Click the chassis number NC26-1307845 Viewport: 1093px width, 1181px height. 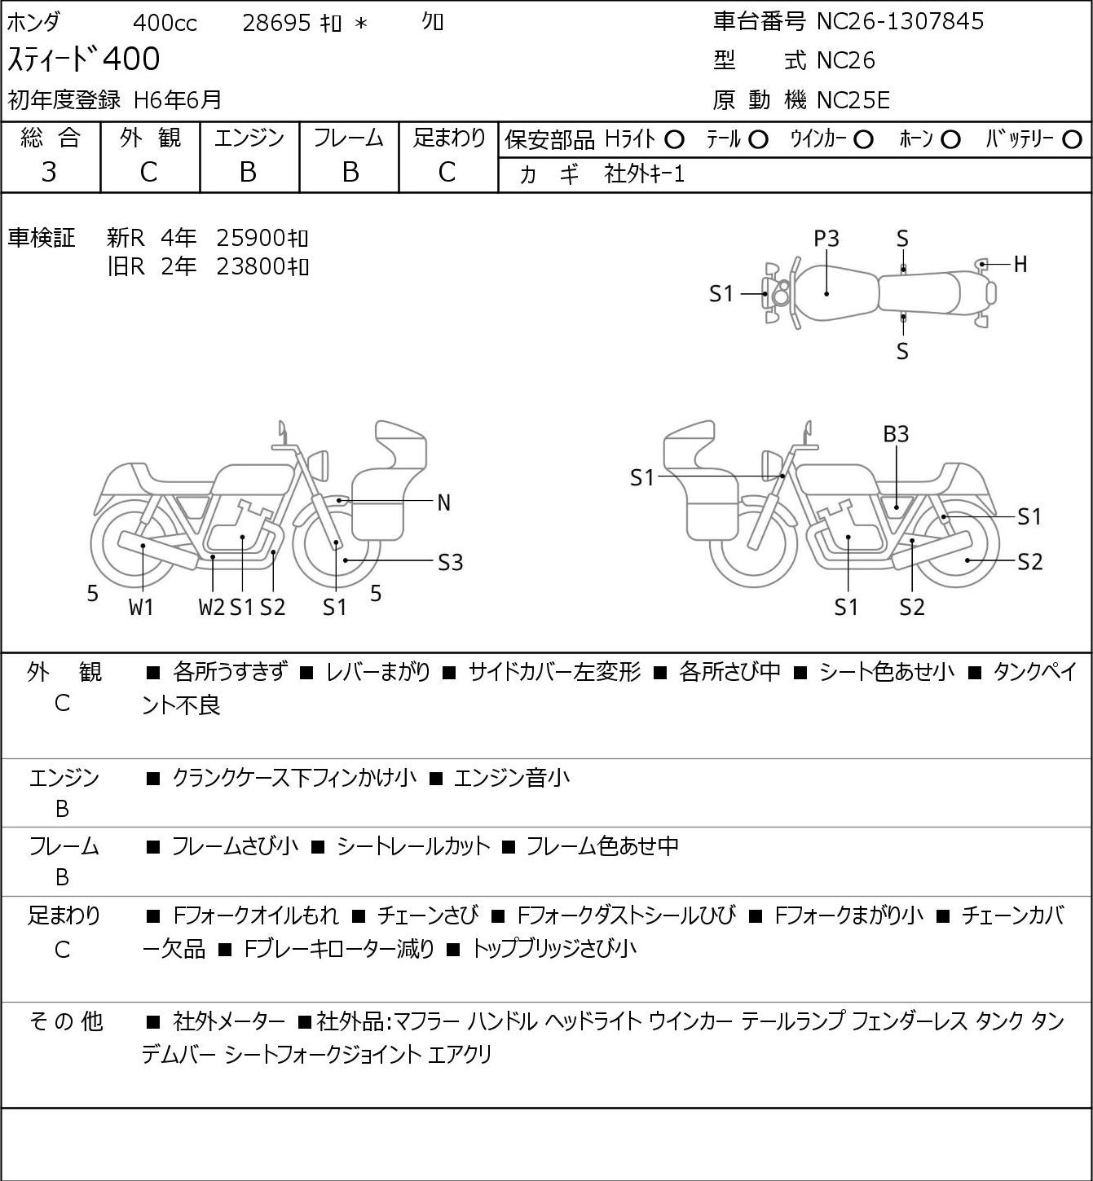pyautogui.click(x=900, y=21)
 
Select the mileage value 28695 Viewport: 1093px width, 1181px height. pyautogui.click(x=276, y=23)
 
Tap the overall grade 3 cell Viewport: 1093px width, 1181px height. pyautogui.click(x=49, y=172)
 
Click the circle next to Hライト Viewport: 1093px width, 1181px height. pyautogui.click(x=674, y=140)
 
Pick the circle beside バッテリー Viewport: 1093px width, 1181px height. pyautogui.click(x=1072, y=140)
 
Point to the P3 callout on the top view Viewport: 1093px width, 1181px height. pyautogui.click(x=826, y=239)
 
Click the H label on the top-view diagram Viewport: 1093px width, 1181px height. pyautogui.click(x=1020, y=265)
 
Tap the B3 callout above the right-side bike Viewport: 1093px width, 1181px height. pyautogui.click(x=896, y=435)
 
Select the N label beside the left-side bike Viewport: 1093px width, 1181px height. pyautogui.click(x=443, y=503)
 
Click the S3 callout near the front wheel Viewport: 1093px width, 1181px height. pyautogui.click(x=450, y=563)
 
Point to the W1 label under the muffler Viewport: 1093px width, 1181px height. pyautogui.click(x=141, y=607)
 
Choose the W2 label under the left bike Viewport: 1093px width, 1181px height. pyautogui.click(x=211, y=607)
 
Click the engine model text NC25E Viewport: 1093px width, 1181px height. pyautogui.click(x=853, y=100)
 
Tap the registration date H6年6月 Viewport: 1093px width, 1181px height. pyautogui.click(x=178, y=100)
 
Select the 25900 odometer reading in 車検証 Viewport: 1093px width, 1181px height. pyautogui.click(x=250, y=239)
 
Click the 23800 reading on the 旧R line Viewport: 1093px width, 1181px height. pyautogui.click(x=250, y=267)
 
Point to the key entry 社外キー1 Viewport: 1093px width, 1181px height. pyautogui.click(x=645, y=174)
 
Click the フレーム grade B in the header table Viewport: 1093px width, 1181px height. pyautogui.click(x=350, y=173)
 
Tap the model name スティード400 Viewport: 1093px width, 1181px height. pyautogui.click(x=84, y=59)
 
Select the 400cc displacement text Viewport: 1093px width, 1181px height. pyautogui.click(x=165, y=23)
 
